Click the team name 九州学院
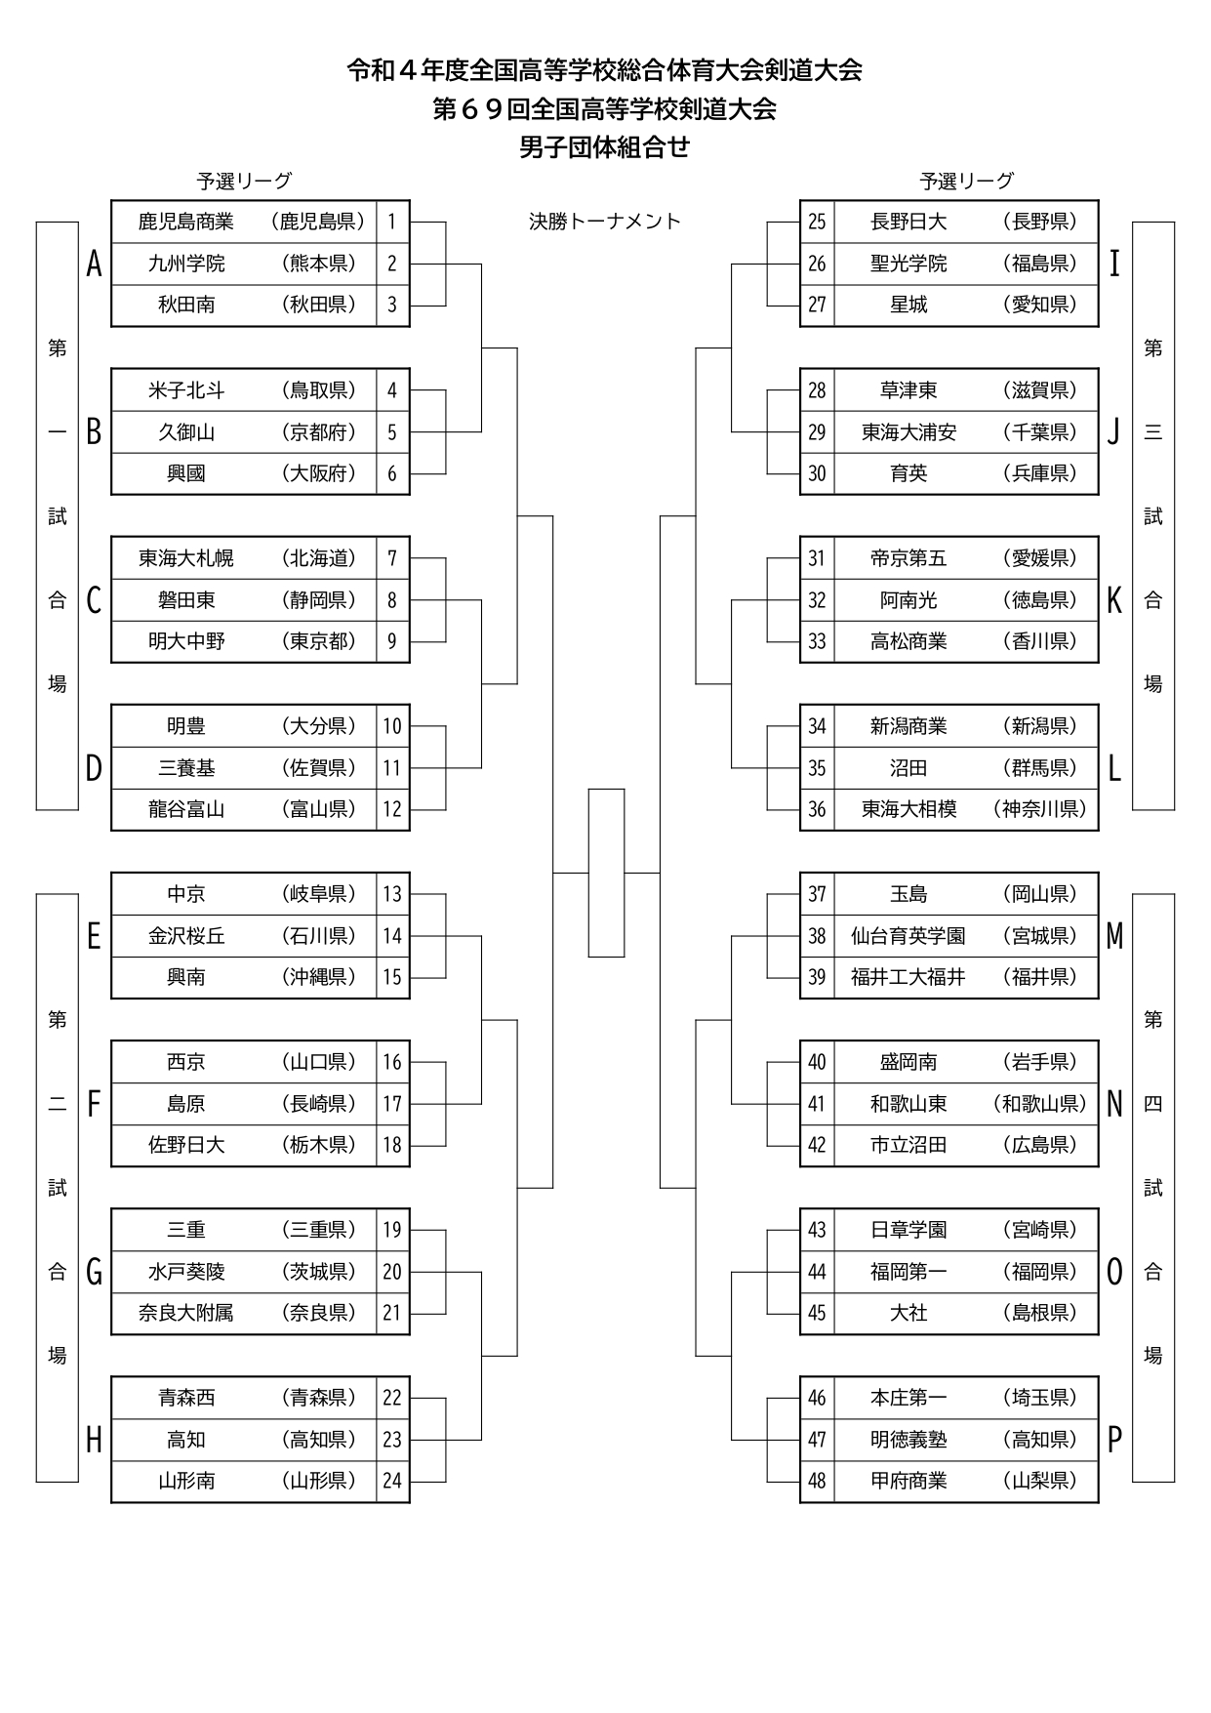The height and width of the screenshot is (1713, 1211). (186, 264)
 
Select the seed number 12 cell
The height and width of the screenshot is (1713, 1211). (392, 809)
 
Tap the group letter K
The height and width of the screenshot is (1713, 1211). (1114, 600)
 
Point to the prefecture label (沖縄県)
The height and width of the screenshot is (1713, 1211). (319, 977)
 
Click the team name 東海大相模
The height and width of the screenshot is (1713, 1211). (908, 809)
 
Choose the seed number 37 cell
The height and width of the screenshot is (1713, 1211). (817, 894)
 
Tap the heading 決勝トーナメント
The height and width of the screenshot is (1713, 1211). (605, 222)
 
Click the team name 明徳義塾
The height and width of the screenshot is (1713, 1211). (908, 1440)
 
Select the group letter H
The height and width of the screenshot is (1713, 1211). (94, 1440)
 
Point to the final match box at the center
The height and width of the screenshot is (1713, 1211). (606, 873)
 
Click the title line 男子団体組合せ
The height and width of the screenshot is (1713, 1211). (605, 147)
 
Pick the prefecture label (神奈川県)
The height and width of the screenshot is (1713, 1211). (1040, 809)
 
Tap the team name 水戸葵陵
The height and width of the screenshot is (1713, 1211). (186, 1272)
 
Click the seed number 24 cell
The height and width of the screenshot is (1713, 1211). (392, 1481)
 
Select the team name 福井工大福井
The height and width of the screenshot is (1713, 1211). (908, 977)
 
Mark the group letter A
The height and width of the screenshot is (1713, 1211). (94, 264)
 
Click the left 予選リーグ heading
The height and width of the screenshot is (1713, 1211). (244, 181)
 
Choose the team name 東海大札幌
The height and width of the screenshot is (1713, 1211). (186, 558)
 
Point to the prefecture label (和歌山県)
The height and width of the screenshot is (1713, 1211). (1040, 1104)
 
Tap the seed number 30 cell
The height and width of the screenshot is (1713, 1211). (817, 473)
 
